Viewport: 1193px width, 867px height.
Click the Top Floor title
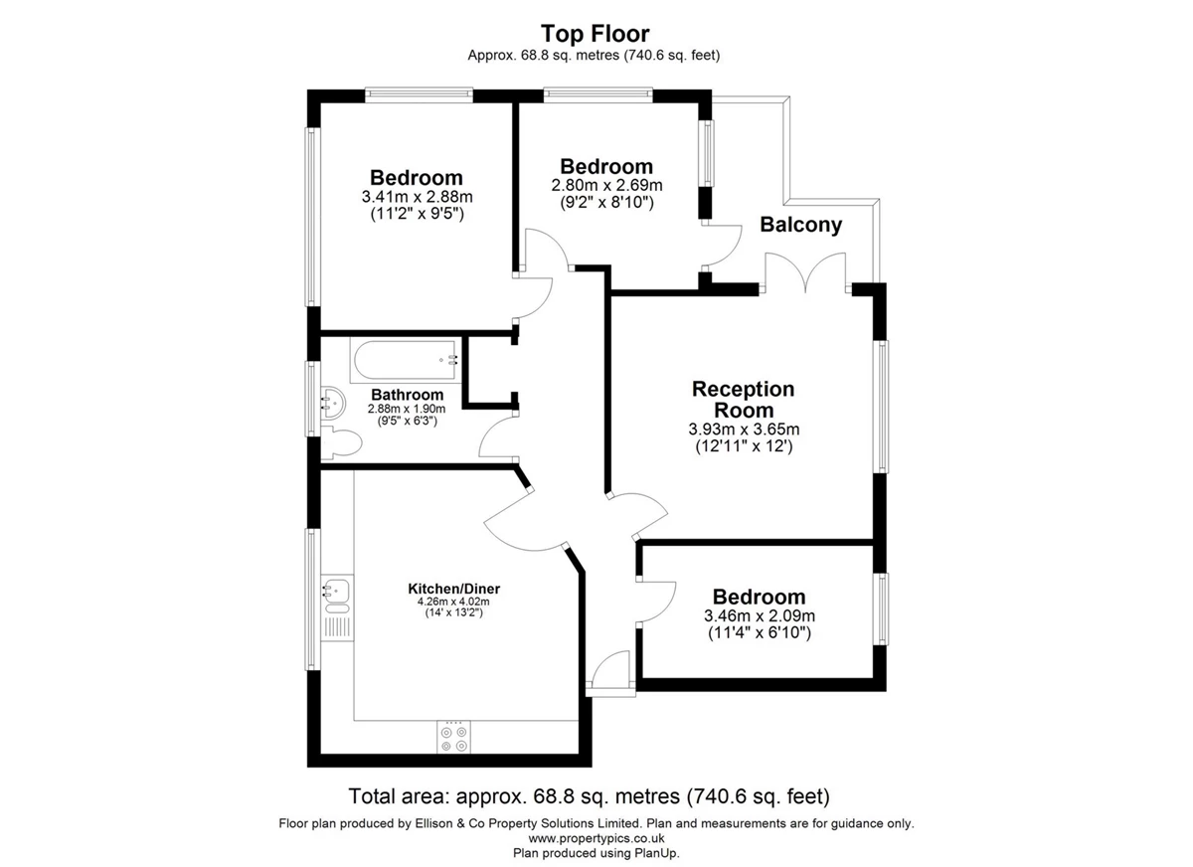(x=595, y=34)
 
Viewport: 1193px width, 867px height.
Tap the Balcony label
(x=800, y=225)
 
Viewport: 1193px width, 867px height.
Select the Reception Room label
(x=743, y=400)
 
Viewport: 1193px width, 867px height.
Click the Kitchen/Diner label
(x=453, y=589)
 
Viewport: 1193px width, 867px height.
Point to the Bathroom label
(x=408, y=395)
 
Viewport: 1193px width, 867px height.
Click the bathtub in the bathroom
(x=406, y=360)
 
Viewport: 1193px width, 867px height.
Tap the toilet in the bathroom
(x=341, y=442)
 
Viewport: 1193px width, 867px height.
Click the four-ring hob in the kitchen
(x=453, y=738)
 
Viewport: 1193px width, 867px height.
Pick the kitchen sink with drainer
(x=337, y=607)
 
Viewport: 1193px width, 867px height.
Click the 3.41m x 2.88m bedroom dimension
(x=417, y=197)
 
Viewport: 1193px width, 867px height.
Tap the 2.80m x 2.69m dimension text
(x=606, y=185)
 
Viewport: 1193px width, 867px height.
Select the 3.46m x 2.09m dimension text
(x=760, y=615)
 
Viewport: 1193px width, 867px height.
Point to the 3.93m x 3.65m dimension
(x=744, y=429)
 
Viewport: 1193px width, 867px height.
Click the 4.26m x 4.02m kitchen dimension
(x=453, y=602)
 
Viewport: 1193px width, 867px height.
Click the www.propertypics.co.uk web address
(x=596, y=838)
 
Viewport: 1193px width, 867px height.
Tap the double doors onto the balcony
(x=805, y=272)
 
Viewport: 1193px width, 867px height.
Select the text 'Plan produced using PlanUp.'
(x=596, y=853)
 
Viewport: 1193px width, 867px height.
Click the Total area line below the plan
(x=589, y=796)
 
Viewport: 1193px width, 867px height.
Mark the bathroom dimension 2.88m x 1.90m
(x=407, y=409)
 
